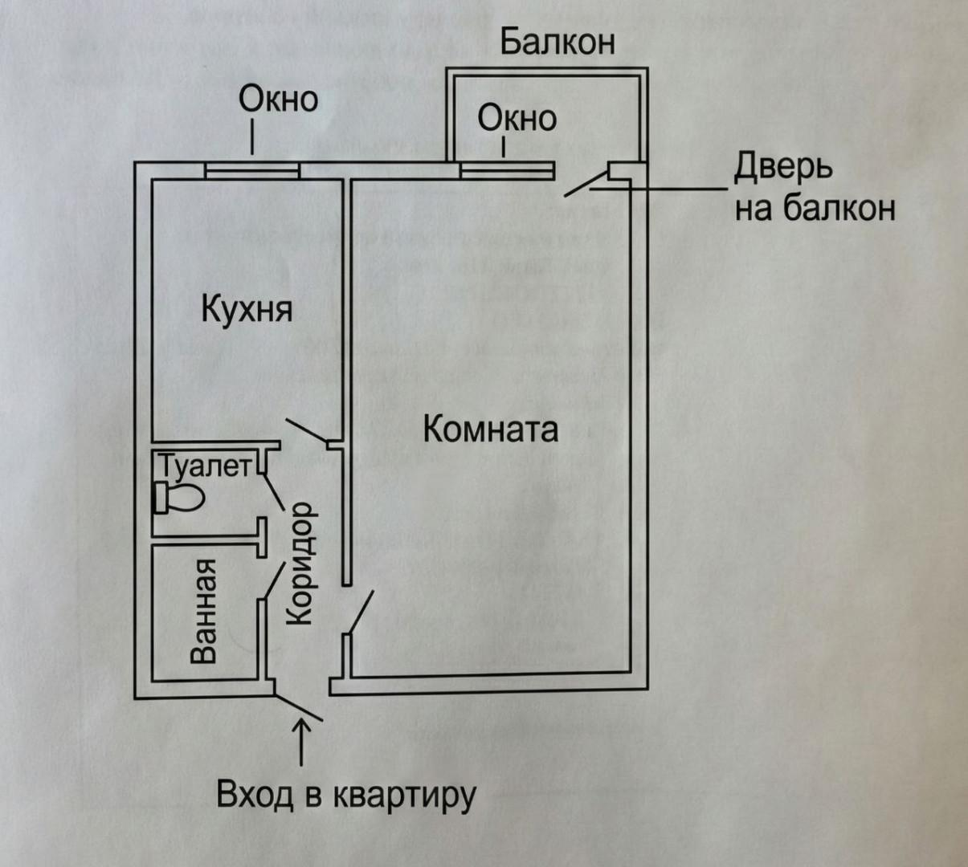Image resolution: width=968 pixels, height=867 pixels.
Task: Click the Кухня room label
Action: pos(247,309)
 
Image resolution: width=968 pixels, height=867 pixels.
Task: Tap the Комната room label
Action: pos(490,429)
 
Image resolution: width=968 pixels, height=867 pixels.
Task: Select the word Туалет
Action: pos(204,466)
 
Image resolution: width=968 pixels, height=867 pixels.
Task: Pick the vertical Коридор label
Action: pos(299,564)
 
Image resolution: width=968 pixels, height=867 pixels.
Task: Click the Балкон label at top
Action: pos(557,42)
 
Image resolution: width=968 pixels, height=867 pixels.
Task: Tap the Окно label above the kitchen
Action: pos(278,100)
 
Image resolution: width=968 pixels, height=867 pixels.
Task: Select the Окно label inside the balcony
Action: pos(517,119)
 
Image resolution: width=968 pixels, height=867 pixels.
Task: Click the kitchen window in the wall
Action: pos(251,170)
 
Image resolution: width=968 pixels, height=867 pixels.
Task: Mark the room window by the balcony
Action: pos(507,170)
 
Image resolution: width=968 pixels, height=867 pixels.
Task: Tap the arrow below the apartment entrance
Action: pos(302,743)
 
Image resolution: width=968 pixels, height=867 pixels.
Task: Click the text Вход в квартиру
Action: pos(346,796)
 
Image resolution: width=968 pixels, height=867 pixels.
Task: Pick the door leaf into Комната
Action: pos(359,615)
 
